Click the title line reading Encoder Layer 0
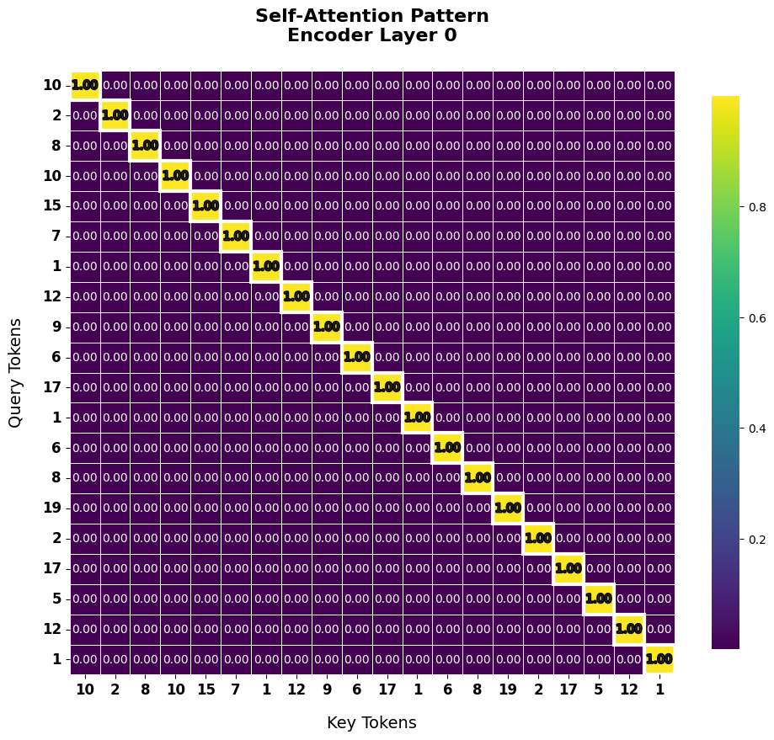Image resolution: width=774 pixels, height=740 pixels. pos(371,35)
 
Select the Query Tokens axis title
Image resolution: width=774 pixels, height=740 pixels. pos(16,372)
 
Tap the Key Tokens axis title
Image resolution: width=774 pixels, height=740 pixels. pos(371,722)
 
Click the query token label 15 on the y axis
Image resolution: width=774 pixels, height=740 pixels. pos(52,206)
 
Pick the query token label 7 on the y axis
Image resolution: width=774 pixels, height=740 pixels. pos(56,237)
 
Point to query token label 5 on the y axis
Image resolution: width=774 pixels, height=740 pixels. pos(56,599)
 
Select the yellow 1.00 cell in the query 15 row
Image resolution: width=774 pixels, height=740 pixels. pos(206,206)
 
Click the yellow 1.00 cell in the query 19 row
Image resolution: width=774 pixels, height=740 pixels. pos(508,508)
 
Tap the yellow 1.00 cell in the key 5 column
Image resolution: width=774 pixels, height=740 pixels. pos(599,599)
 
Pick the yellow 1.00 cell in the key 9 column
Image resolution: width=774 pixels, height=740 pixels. pos(327,327)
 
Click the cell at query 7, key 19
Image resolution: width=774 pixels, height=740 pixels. pos(508,237)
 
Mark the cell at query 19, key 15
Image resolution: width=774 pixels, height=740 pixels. pos(206,508)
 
